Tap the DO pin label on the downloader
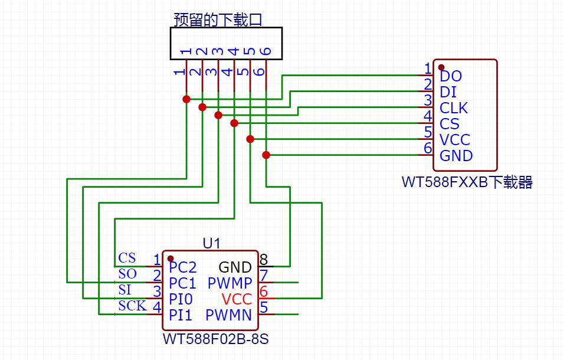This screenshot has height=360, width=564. [451, 76]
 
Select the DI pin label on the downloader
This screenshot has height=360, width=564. [448, 92]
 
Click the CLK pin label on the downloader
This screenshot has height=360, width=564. [454, 108]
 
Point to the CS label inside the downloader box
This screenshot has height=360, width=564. [449, 124]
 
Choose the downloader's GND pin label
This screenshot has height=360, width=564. [456, 156]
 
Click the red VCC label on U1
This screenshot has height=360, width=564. [237, 299]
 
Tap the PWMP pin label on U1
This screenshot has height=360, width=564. [229, 283]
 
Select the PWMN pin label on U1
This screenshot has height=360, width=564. [229, 315]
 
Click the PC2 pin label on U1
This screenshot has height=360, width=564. [182, 267]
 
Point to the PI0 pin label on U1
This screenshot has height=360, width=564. [181, 299]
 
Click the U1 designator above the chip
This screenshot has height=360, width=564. [211, 243]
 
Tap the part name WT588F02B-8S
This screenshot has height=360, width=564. [211, 340]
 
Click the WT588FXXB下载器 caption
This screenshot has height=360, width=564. [467, 182]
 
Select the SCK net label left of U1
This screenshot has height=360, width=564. [132, 306]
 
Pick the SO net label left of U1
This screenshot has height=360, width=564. [127, 274]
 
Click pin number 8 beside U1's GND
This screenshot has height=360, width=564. [264, 260]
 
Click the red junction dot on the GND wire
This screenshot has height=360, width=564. [266, 155]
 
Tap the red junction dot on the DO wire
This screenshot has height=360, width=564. [186, 99]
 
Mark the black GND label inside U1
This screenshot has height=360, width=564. [235, 267]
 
